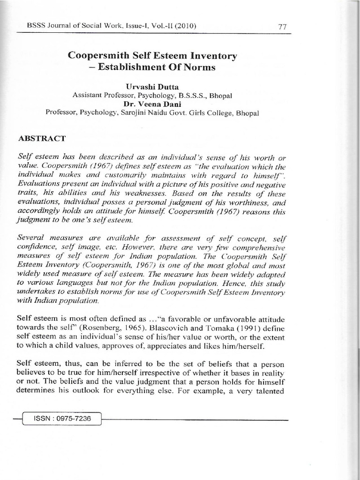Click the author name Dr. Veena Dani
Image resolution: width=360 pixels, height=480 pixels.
152,104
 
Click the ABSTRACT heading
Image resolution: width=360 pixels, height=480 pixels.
41,139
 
